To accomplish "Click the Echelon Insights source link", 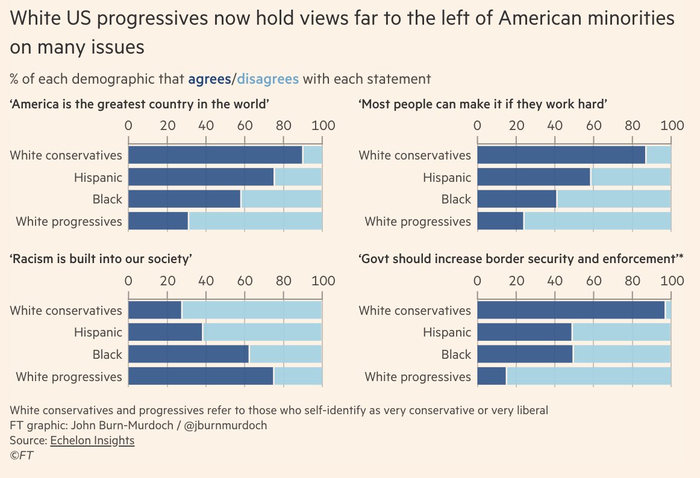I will [x=92, y=441].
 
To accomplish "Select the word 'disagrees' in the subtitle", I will [x=268, y=79].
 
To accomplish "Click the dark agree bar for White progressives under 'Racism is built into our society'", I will [x=201, y=377].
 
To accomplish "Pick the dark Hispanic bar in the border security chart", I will [x=524, y=332].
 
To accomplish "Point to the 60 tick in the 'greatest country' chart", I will [x=245, y=125].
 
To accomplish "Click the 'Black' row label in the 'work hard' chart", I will [x=456, y=199].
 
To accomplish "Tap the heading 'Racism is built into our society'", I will [x=101, y=259].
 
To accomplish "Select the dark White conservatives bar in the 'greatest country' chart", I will [x=215, y=155].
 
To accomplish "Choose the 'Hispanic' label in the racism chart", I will [x=98, y=332].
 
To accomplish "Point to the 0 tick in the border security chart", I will [x=477, y=281].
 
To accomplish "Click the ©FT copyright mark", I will [x=22, y=456].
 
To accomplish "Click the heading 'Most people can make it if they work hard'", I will [x=483, y=105].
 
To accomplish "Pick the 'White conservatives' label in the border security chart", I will [x=414, y=311].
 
